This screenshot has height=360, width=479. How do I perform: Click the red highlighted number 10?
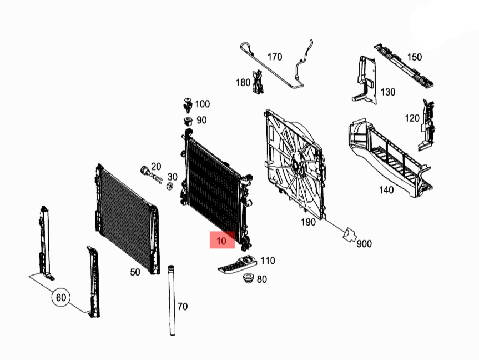[x=221, y=241]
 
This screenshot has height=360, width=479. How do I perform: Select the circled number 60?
[x=61, y=298]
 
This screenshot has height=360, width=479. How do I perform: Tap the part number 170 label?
[x=275, y=57]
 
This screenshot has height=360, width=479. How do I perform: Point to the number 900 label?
[x=364, y=243]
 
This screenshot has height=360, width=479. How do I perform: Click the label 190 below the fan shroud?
[x=307, y=222]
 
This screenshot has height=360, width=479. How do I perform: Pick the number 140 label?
[x=386, y=190]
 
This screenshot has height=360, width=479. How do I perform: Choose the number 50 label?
[x=135, y=272]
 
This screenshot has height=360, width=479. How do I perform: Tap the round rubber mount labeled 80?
[x=247, y=278]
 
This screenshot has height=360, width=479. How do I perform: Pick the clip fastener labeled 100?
[x=187, y=104]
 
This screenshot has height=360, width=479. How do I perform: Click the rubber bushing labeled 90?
[x=188, y=121]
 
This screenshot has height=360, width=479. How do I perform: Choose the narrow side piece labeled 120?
[x=427, y=125]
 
